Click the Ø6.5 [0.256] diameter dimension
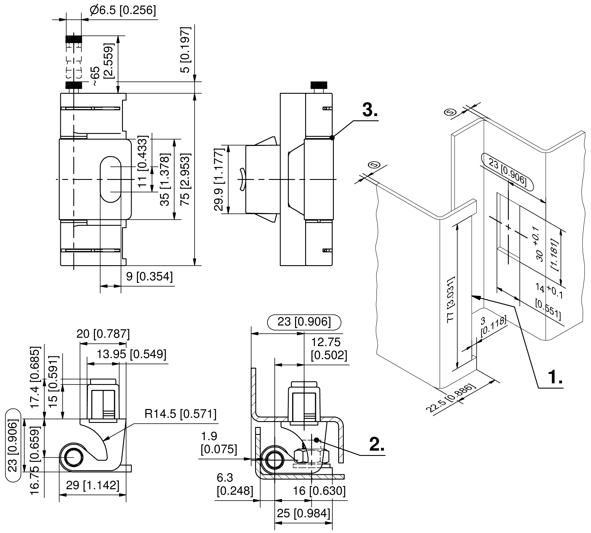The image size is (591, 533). (x=123, y=11)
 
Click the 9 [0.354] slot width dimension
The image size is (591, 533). (x=149, y=276)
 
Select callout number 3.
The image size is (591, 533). (x=370, y=111)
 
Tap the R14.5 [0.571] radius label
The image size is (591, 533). (x=180, y=414)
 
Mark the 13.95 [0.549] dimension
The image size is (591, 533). (x=131, y=354)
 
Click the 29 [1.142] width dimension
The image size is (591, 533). (x=93, y=485)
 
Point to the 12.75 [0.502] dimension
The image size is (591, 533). (x=329, y=349)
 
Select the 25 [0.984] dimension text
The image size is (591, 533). (x=303, y=513)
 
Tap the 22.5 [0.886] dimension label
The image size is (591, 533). (x=451, y=398)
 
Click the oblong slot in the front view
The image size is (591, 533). (x=110, y=179)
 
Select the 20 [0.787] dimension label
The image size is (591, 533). (x=103, y=334)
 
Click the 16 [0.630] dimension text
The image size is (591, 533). (x=319, y=491)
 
